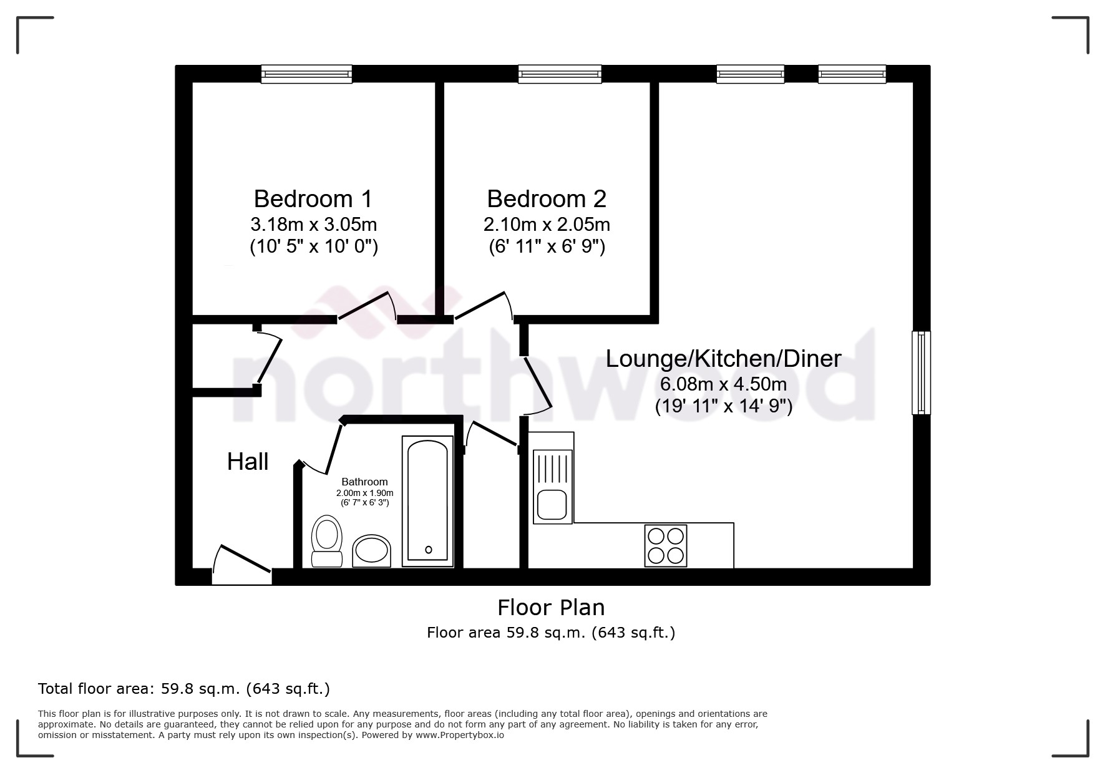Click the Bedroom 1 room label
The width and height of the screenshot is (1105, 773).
coord(313,199)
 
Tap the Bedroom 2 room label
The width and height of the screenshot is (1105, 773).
coord(547,199)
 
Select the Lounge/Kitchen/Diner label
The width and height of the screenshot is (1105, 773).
coord(724,359)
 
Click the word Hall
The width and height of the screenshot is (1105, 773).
coord(248,462)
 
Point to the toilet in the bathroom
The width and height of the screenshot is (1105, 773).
coord(326,540)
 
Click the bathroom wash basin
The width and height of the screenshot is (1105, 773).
coord(372,551)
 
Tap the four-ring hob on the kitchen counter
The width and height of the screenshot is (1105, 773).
coord(665,545)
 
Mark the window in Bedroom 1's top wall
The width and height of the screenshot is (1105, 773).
coord(306,74)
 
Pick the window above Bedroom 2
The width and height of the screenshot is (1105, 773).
coord(560,74)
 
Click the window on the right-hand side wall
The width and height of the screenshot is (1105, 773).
coord(921,372)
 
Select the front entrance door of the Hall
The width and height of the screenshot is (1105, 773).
coord(242,566)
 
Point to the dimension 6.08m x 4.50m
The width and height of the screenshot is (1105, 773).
coord(724,384)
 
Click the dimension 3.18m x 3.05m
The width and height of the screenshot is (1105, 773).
coord(313,224)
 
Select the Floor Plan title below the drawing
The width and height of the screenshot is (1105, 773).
coord(551,608)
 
